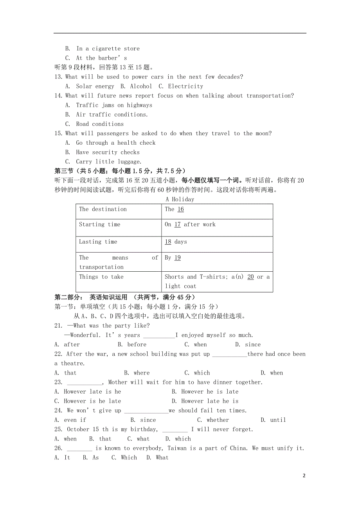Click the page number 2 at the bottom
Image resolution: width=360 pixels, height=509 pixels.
coord(304,476)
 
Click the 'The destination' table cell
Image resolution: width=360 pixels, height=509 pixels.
coord(103,209)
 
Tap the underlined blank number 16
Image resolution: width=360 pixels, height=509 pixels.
coord(180,209)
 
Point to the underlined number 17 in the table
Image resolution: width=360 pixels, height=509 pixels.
coord(177,224)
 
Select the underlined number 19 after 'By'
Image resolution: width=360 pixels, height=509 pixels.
coord(177,258)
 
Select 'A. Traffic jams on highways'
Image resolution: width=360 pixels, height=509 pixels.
coord(109,105)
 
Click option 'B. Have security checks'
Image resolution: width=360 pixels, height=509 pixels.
coord(103,152)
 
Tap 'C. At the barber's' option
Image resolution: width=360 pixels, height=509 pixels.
coord(96,58)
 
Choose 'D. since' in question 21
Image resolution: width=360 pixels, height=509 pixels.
coord(248,344)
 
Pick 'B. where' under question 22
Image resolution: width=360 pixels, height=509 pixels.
coord(137,373)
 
